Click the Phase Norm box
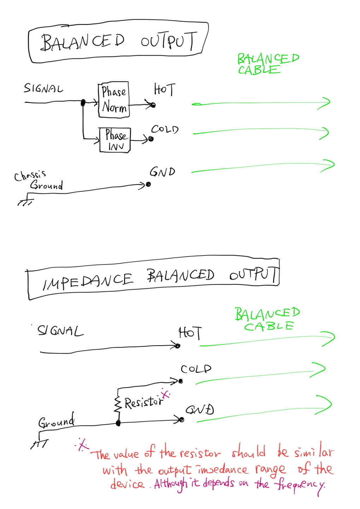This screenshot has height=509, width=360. pyautogui.click(x=114, y=100)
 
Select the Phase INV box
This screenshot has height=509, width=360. pyautogui.click(x=115, y=140)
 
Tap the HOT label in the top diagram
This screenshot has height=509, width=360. pyautogui.click(x=164, y=89)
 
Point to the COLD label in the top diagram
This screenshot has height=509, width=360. pyautogui.click(x=165, y=129)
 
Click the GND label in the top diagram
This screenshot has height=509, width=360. pyautogui.click(x=162, y=172)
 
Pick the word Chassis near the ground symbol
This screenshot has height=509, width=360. pyautogui.click(x=30, y=175)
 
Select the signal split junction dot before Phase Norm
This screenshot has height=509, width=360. pyautogui.click(x=83, y=103)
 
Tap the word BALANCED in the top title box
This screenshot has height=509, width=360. pyautogui.click(x=83, y=43)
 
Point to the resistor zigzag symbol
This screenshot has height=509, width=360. pyautogui.click(x=118, y=405)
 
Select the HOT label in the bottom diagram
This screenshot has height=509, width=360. pyautogui.click(x=190, y=333)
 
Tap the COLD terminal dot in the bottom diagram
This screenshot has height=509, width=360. pyautogui.click(x=181, y=381)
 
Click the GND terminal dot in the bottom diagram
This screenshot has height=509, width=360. pyautogui.click(x=181, y=419)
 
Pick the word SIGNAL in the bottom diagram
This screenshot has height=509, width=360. pyautogui.click(x=60, y=331)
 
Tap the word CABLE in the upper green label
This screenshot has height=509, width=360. pyautogui.click(x=259, y=70)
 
